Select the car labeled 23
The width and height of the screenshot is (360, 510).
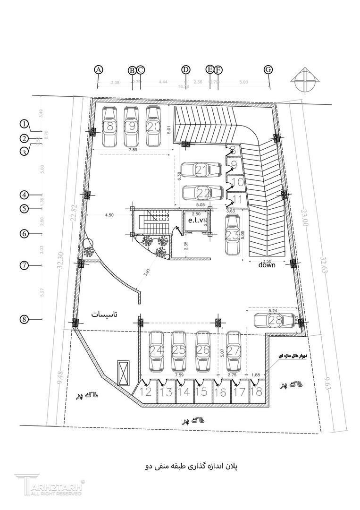coord(232,234)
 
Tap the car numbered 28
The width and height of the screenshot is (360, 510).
coord(273,320)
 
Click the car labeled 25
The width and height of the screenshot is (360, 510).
coord(178,351)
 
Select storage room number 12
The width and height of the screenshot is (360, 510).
coord(145,391)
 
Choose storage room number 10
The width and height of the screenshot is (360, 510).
coord(238,181)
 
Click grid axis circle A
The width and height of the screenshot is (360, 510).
coord(98,69)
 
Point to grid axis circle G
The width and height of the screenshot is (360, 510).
coord(268,69)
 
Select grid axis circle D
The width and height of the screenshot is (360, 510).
coord(186,69)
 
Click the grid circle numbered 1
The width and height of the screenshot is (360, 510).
coord(24,124)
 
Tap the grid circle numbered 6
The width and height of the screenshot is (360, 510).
coord(24,233)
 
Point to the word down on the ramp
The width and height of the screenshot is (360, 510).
coord(267,265)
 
